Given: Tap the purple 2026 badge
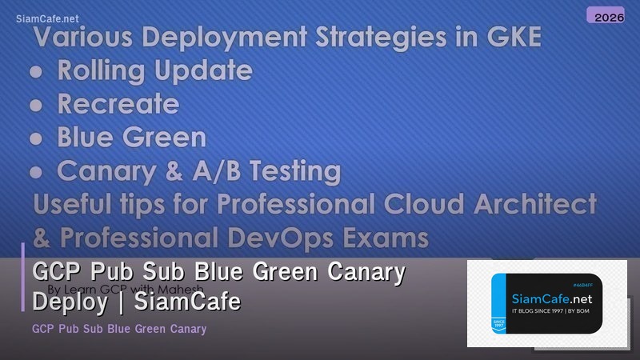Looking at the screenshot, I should [605, 15].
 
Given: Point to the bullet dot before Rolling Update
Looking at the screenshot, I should [36, 71].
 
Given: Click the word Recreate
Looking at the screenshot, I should [118, 104].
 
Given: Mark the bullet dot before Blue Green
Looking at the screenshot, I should [36, 138].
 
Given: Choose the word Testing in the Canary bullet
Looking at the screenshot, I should [292, 171].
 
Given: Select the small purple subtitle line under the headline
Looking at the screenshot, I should [120, 329].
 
